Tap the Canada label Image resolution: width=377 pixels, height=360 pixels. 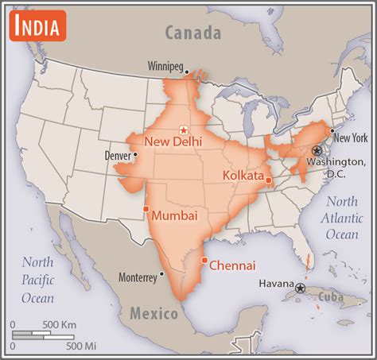tap(192, 33)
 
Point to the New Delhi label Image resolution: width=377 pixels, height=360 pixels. tap(173, 141)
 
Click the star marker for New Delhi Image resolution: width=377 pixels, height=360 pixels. tap(184, 129)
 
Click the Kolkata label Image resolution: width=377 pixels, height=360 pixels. tap(243, 174)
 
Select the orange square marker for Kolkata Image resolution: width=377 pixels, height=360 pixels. tap(269, 180)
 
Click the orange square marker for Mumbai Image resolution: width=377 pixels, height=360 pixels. tap(146, 209)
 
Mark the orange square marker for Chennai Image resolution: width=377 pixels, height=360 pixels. tap(205, 260)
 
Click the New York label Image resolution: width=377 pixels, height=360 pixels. tap(351, 137)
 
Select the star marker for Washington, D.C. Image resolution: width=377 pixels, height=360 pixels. tap(317, 150)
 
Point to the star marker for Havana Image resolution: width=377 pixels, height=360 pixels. tap(300, 288)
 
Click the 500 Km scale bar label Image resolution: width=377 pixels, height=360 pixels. tap(60, 324)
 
